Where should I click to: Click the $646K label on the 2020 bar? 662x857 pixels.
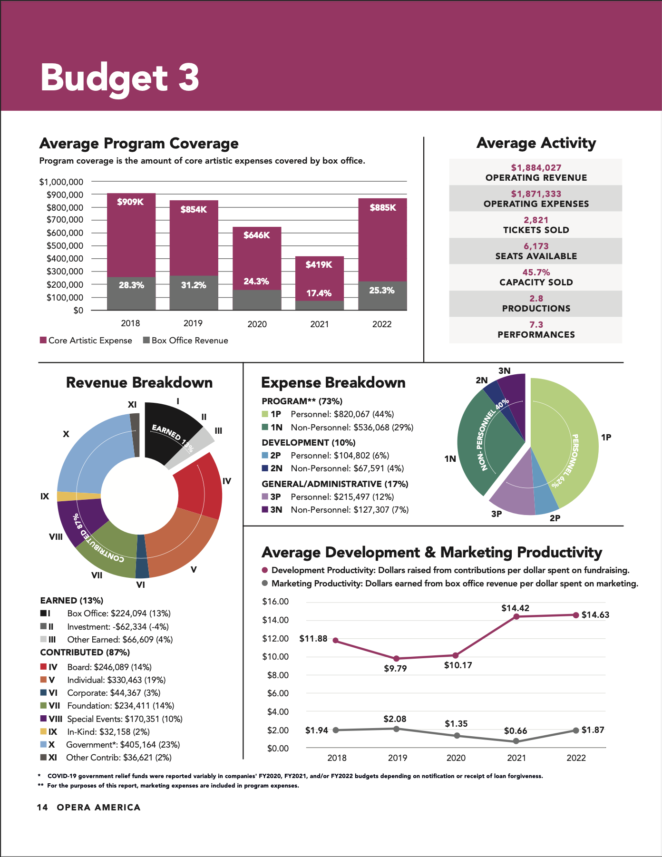256,235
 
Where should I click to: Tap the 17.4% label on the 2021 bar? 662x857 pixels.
319,293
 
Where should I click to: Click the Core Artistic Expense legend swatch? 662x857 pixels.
43,341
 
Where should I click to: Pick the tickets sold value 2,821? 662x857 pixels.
536,220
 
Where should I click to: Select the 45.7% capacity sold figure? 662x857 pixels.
536,273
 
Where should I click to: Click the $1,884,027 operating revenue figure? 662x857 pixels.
536,168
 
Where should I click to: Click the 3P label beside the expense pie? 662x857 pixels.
496,514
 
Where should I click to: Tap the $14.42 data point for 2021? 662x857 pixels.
516,617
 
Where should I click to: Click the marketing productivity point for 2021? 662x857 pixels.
516,741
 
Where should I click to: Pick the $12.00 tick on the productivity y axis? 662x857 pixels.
275,638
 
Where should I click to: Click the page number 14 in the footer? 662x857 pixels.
42,808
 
